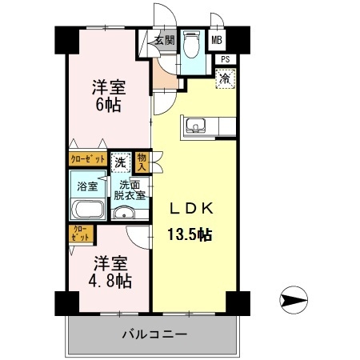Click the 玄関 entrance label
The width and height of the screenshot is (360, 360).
click(x=165, y=40)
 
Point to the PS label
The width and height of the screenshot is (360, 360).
click(x=226, y=58)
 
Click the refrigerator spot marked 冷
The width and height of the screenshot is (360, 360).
click(x=226, y=78)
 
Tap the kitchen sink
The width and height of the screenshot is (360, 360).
click(x=196, y=126)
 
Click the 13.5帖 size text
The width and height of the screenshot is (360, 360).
click(x=190, y=234)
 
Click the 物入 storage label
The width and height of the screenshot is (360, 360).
click(x=142, y=162)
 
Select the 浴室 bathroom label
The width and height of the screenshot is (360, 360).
click(x=87, y=186)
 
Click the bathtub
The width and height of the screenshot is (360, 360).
click(x=87, y=210)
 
